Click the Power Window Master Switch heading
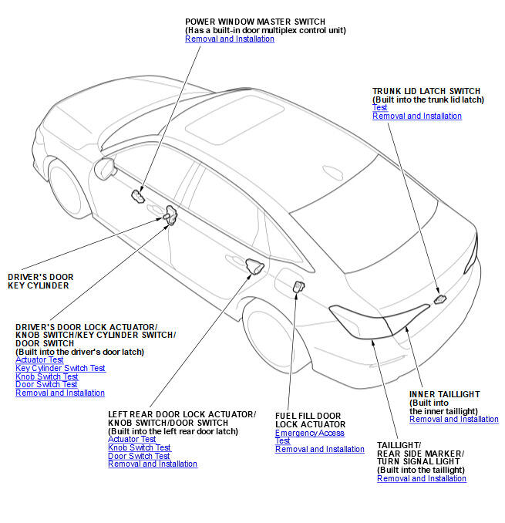255,21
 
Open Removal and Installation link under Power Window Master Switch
230,39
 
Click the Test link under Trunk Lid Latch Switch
379,108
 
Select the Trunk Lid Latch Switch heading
426,91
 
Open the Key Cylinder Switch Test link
60,368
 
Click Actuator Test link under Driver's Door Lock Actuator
39,359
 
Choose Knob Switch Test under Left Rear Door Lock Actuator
140,447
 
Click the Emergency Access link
310,433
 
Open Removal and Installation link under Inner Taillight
454,419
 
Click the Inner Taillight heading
444,394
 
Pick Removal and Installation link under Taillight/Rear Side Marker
422,478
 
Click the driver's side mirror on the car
103,166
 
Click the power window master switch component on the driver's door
138,195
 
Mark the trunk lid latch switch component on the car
439,299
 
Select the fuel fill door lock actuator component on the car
298,287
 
